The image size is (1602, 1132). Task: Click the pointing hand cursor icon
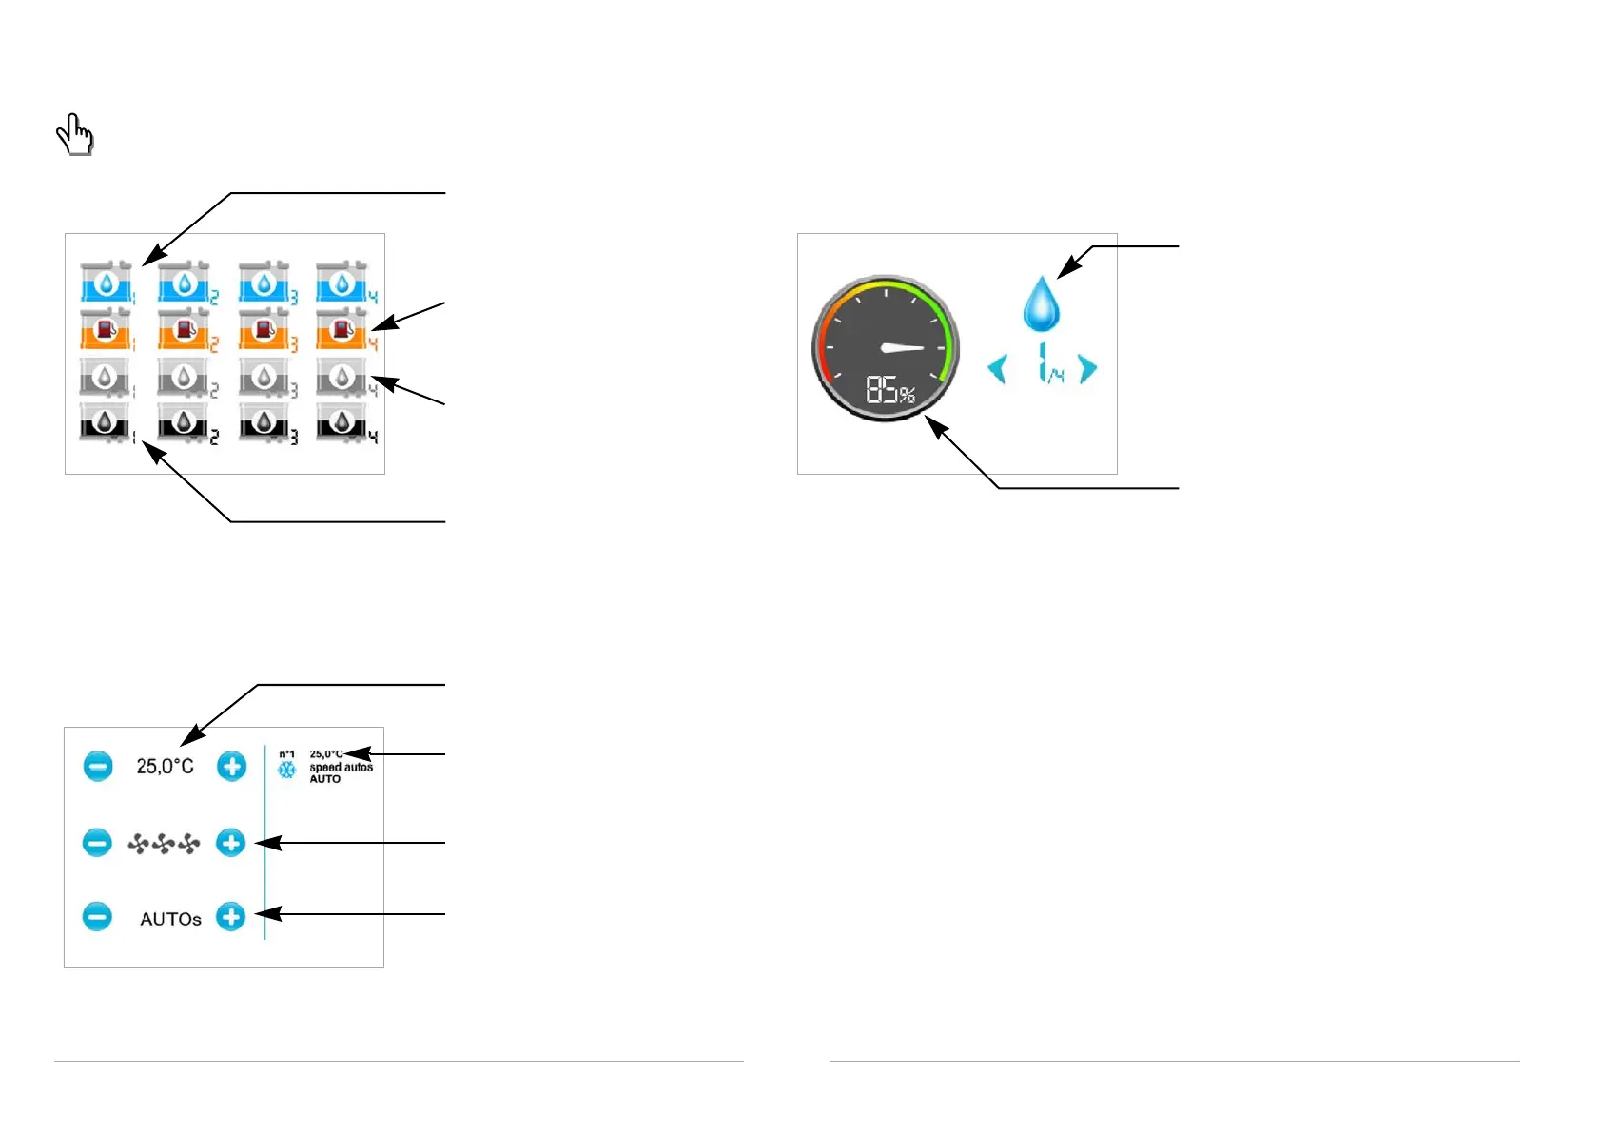74,134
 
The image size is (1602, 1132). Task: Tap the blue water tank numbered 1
105,283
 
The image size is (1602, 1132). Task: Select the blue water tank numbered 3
263,283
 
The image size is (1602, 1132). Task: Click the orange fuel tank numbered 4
342,329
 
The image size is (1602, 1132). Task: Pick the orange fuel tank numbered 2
184,329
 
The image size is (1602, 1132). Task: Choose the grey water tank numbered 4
342,377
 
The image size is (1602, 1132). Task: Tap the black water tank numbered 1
105,422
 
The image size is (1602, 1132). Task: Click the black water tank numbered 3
263,422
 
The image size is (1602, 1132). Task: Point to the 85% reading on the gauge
889,390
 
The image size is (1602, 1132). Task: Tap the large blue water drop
1042,303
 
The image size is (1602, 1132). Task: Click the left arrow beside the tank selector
997,368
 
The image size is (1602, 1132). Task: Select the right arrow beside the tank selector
1087,368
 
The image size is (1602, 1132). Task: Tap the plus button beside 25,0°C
231,766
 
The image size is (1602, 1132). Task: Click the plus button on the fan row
230,843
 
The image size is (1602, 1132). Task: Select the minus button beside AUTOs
97,917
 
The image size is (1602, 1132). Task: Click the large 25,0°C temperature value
165,767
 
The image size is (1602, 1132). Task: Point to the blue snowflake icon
286,770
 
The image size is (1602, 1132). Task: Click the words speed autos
341,767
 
